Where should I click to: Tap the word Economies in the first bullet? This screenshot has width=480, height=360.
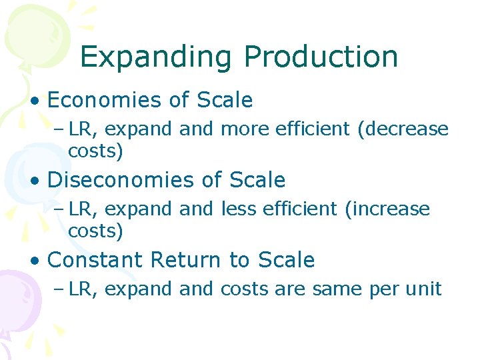point(104,101)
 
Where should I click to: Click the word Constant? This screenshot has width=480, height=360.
point(94,260)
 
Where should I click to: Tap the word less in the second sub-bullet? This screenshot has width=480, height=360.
point(235,209)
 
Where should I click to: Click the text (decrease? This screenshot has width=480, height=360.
point(403,129)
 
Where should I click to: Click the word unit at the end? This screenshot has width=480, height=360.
point(424,289)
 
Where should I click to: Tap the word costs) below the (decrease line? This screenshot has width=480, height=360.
point(95,152)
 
